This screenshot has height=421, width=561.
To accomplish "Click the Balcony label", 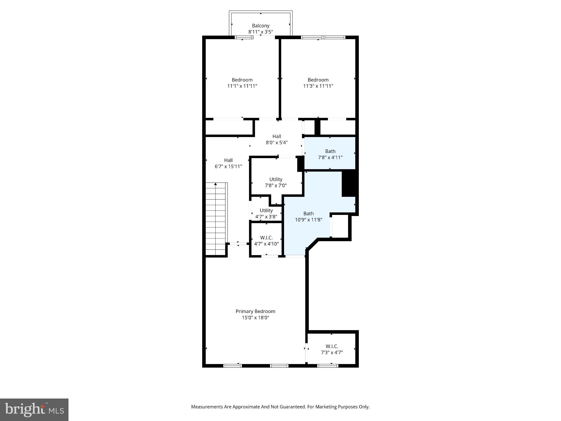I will [261, 26].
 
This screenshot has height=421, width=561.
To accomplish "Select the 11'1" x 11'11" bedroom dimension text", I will [242, 86].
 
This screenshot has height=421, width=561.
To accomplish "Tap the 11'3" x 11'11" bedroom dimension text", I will [318, 86].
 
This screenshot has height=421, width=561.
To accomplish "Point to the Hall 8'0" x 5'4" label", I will [277, 139].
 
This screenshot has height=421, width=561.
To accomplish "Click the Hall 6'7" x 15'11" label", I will [228, 163].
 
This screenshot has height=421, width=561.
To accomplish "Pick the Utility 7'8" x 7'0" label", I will [276, 182].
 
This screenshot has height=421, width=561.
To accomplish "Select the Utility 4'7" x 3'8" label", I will [266, 214].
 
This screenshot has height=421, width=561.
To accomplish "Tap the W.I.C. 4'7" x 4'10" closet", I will [266, 240].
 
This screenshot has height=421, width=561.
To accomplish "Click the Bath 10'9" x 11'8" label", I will [308, 217].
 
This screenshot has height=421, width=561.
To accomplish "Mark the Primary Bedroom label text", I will [255, 311].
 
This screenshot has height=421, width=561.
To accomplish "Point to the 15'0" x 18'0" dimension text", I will [255, 318].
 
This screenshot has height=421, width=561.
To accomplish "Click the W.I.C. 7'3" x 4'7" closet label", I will [332, 349].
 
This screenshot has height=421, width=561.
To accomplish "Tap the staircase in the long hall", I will [216, 219].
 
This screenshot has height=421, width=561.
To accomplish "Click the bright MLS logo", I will [34, 409].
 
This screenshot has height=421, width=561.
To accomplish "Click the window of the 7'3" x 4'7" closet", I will [328, 366].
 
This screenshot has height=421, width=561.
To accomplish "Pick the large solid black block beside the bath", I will [350, 183].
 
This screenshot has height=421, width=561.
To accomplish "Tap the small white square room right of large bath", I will [340, 226].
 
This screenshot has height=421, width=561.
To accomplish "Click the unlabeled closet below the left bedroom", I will [229, 127].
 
